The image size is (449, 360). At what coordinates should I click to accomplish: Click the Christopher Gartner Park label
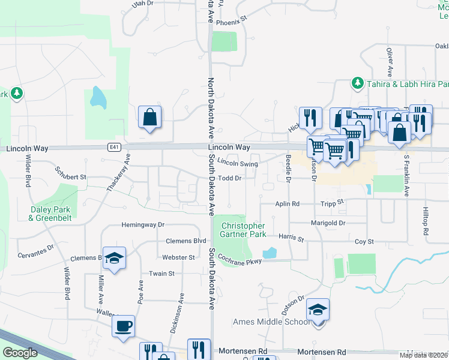pyautogui.click(x=243, y=230)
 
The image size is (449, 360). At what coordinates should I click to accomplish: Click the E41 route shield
pyautogui.click(x=114, y=147)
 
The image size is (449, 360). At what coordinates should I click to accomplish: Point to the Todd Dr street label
pyautogui.click(x=229, y=178)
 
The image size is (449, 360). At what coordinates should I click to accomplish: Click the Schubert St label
pyautogui.click(x=71, y=178)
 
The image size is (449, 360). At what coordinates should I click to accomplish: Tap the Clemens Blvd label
pyautogui.click(x=186, y=241)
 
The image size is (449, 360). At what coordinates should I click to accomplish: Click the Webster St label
pyautogui.click(x=178, y=257)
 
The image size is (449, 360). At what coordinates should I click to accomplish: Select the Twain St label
pyautogui.click(x=161, y=273)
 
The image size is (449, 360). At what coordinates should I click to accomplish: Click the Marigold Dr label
pyautogui.click(x=328, y=223)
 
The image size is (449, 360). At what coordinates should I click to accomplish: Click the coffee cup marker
pyautogui.click(x=124, y=326)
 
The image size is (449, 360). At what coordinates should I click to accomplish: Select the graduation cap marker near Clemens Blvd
pyautogui.click(x=114, y=257)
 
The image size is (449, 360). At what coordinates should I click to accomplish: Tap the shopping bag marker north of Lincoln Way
pyautogui.click(x=149, y=116)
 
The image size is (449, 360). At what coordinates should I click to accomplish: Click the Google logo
pyautogui.click(x=20, y=353)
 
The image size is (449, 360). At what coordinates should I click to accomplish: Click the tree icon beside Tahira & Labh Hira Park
pyautogui.click(x=358, y=82)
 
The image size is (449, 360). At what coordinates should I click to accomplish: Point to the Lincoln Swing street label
pyautogui.click(x=238, y=163)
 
